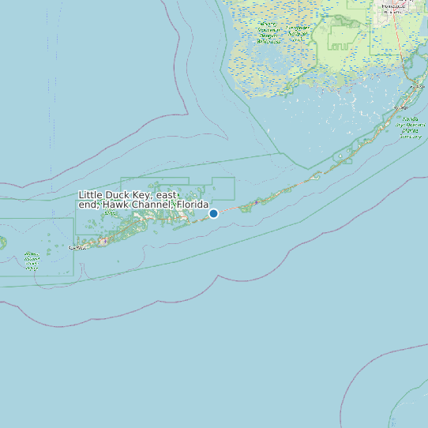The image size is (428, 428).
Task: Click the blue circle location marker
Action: pyautogui.click(x=213, y=213)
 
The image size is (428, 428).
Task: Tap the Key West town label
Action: pyautogui.click(x=77, y=247)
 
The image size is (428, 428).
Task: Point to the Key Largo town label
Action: pyautogui.click(x=402, y=107)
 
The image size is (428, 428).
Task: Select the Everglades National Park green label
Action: pyautogui.click(x=268, y=32)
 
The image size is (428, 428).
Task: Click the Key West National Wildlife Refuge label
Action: pyautogui.click(x=32, y=261)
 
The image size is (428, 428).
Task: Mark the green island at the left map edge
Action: pyautogui.click(x=2, y=242)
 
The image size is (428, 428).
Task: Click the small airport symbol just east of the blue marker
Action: pyautogui.click(x=256, y=203)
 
